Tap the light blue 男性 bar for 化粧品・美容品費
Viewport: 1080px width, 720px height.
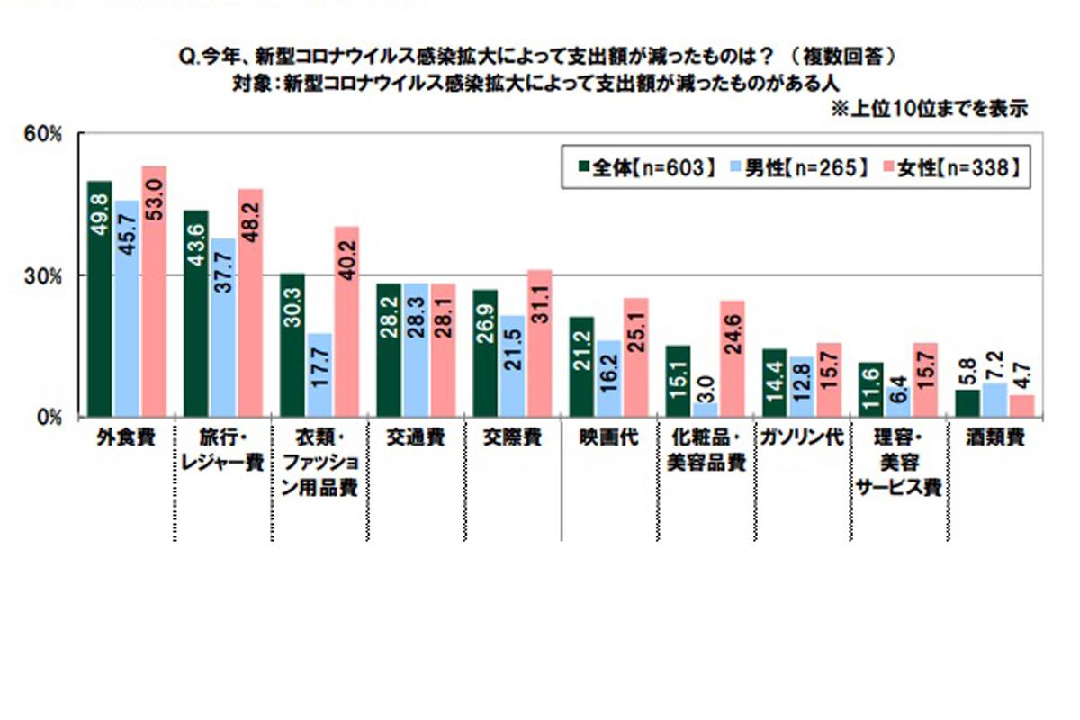706,409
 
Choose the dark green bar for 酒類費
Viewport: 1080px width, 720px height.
967,403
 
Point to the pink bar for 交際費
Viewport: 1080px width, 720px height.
539,343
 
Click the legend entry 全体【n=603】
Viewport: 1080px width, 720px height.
644,167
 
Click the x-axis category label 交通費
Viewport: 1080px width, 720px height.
417,438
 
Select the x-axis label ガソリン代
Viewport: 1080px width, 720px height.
802,438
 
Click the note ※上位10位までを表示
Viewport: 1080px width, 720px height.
931,110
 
